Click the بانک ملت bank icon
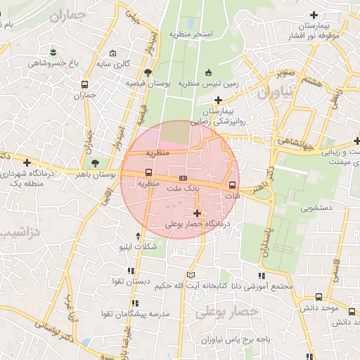point(184,179)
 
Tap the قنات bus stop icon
point(233,185)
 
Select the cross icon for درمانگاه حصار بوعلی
point(197,213)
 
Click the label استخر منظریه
point(191,34)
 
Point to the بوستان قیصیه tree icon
point(147,72)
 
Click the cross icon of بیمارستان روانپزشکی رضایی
point(219,101)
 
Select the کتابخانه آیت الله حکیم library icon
point(192,275)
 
